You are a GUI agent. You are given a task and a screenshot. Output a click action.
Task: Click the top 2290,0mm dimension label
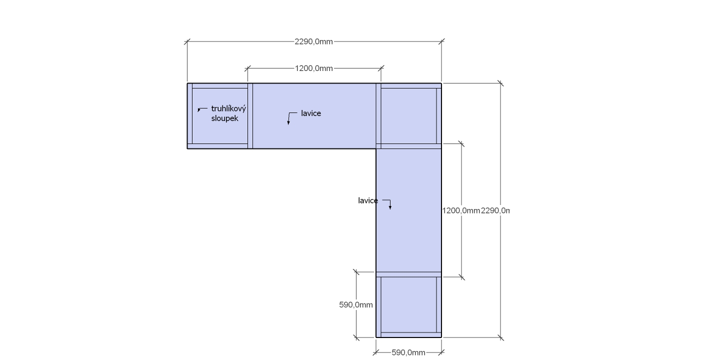point(313,41)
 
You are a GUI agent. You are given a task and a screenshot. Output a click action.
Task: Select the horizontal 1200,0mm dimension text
point(314,68)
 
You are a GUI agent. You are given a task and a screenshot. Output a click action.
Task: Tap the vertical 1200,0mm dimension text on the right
point(461,210)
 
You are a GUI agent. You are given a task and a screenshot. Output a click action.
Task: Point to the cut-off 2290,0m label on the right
point(495,210)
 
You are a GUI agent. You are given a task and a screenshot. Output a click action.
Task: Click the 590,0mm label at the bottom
point(408,352)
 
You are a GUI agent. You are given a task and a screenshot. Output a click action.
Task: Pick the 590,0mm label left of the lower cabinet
point(356,304)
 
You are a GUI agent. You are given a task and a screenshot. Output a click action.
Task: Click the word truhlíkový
point(228,108)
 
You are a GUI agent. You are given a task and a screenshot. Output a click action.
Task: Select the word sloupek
point(224,118)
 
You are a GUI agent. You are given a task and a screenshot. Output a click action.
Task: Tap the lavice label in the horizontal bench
point(311,113)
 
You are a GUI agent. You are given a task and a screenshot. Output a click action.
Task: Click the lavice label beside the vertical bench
point(368,200)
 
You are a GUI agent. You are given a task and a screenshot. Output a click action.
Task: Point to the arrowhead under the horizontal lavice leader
point(288,122)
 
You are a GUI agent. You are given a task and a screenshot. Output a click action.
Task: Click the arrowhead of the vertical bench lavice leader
point(390,207)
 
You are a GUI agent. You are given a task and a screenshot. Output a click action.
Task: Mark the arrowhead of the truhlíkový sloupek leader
point(199,110)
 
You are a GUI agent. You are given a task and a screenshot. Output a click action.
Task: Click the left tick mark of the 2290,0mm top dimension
point(187,41)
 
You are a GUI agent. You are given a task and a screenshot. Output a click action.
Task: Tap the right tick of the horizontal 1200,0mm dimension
point(381,68)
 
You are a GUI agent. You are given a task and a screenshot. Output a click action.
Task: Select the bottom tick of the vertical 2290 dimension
point(500,337)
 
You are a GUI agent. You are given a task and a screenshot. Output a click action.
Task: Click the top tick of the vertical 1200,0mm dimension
point(461,143)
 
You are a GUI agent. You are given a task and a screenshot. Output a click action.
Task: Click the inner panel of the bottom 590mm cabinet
point(409,304)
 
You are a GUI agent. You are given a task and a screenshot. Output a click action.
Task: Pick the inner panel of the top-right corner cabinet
point(409,116)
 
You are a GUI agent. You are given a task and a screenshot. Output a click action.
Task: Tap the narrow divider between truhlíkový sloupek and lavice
point(250,116)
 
